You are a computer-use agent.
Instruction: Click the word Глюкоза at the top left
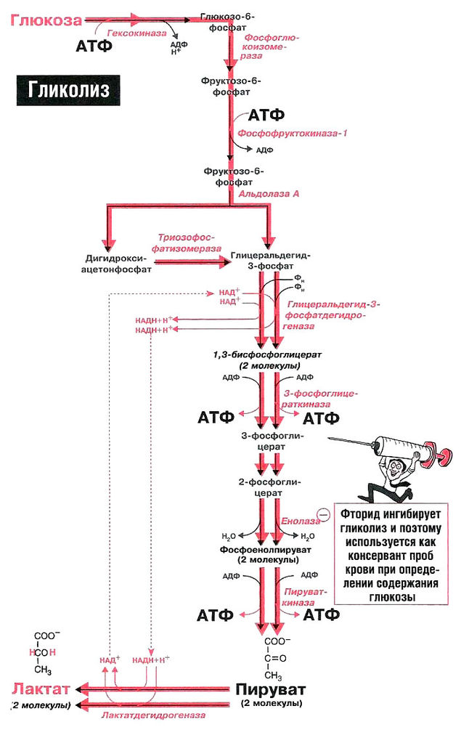[44, 20]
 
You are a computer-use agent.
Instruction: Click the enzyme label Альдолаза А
[269, 195]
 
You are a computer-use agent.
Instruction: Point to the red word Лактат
[41, 689]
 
